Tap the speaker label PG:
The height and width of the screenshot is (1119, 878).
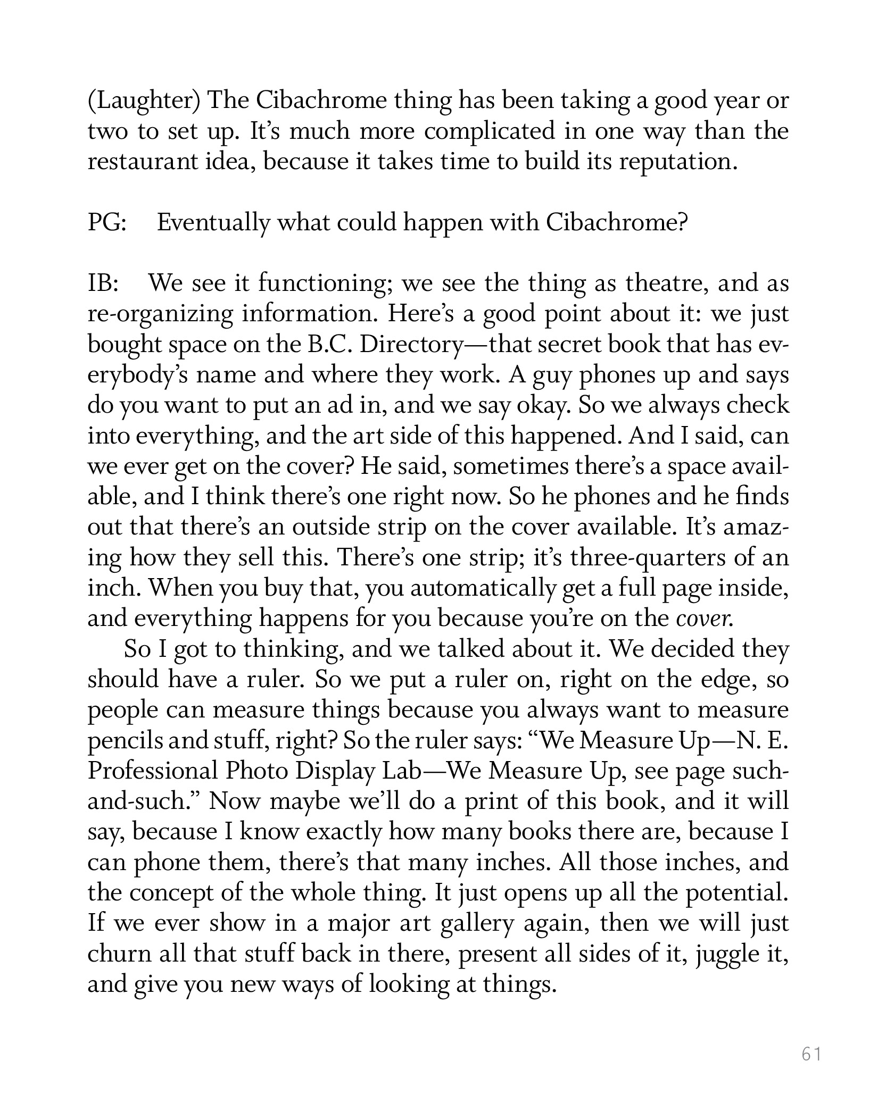click(106, 223)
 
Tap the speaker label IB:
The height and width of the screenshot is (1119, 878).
click(102, 284)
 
